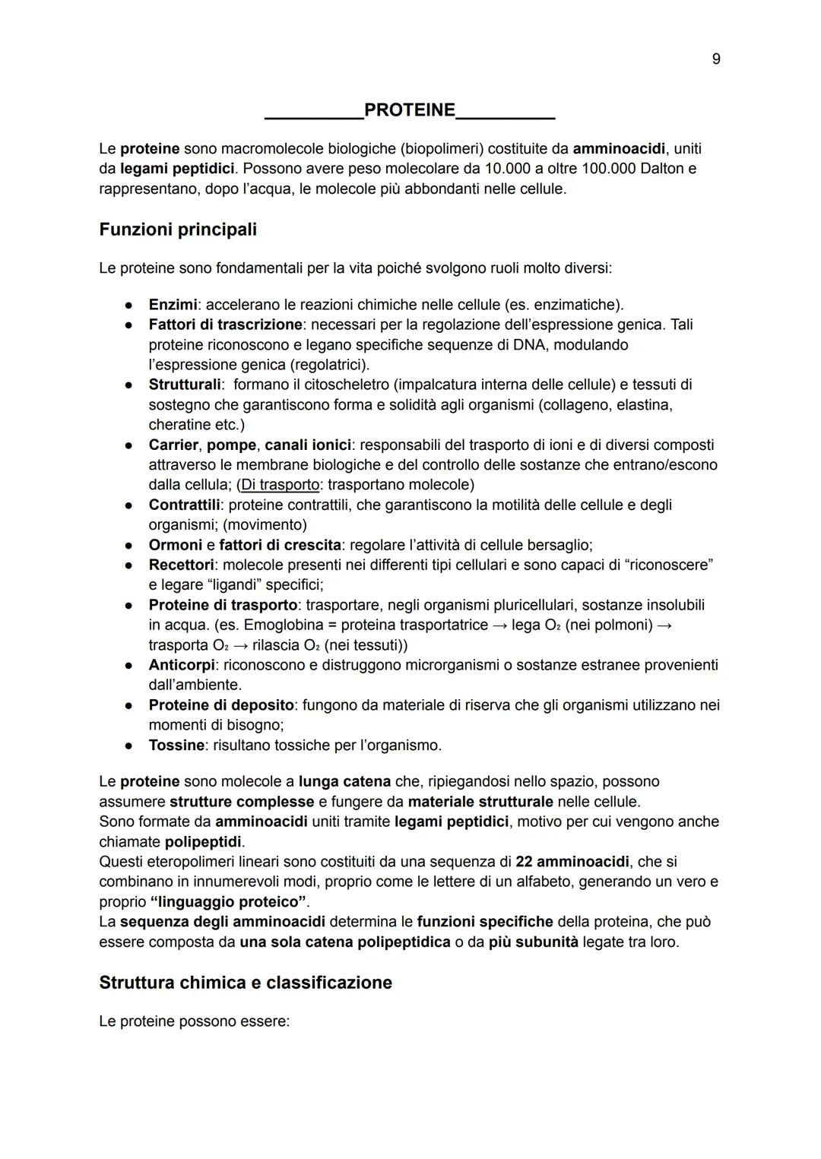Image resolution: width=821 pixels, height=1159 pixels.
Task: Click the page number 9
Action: [x=715, y=59]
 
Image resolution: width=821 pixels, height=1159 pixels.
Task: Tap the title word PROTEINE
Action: [x=410, y=110]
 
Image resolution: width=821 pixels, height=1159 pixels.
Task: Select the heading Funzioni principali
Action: [x=178, y=230]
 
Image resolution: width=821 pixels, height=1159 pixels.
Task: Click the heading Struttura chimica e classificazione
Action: [x=246, y=983]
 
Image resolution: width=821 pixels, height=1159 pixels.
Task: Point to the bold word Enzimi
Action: [x=173, y=305]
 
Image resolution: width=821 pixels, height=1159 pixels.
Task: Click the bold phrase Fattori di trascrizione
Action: [x=225, y=325]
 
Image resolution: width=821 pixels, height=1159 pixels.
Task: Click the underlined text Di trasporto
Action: [x=280, y=485]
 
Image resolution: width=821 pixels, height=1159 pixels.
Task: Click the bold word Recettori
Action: [x=181, y=565]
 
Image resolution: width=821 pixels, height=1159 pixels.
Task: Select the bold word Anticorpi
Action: [x=181, y=665]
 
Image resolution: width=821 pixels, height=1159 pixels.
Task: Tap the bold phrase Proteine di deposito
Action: [x=222, y=705]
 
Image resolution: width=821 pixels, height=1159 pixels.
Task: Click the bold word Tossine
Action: [x=176, y=746]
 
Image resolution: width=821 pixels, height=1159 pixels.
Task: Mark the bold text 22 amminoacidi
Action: [x=572, y=862]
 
